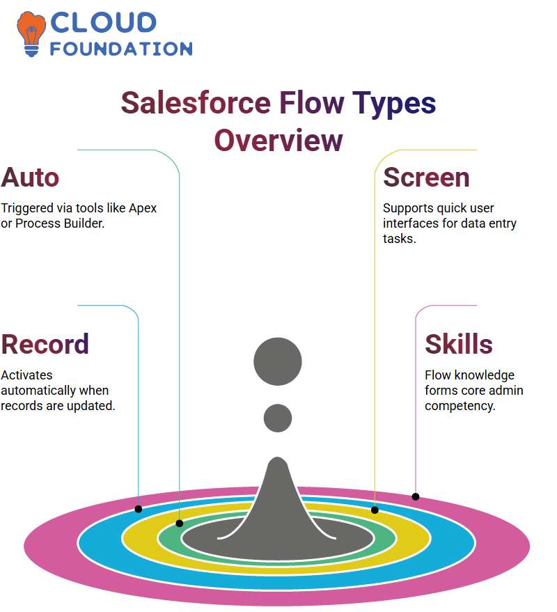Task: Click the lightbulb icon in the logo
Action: point(31,34)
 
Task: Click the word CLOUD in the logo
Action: point(104,23)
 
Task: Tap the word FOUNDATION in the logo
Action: point(121,49)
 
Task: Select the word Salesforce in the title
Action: point(196,103)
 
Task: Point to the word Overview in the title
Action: point(278,141)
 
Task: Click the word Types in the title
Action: point(394,104)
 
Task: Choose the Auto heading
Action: point(30,178)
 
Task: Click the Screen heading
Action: point(426,178)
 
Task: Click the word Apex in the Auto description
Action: point(143,209)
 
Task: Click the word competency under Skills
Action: point(460,407)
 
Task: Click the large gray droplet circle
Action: point(278,361)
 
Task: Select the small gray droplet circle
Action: point(278,418)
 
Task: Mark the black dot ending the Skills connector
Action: point(416,497)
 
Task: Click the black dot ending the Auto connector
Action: point(180,524)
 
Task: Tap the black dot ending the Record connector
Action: point(139,509)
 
